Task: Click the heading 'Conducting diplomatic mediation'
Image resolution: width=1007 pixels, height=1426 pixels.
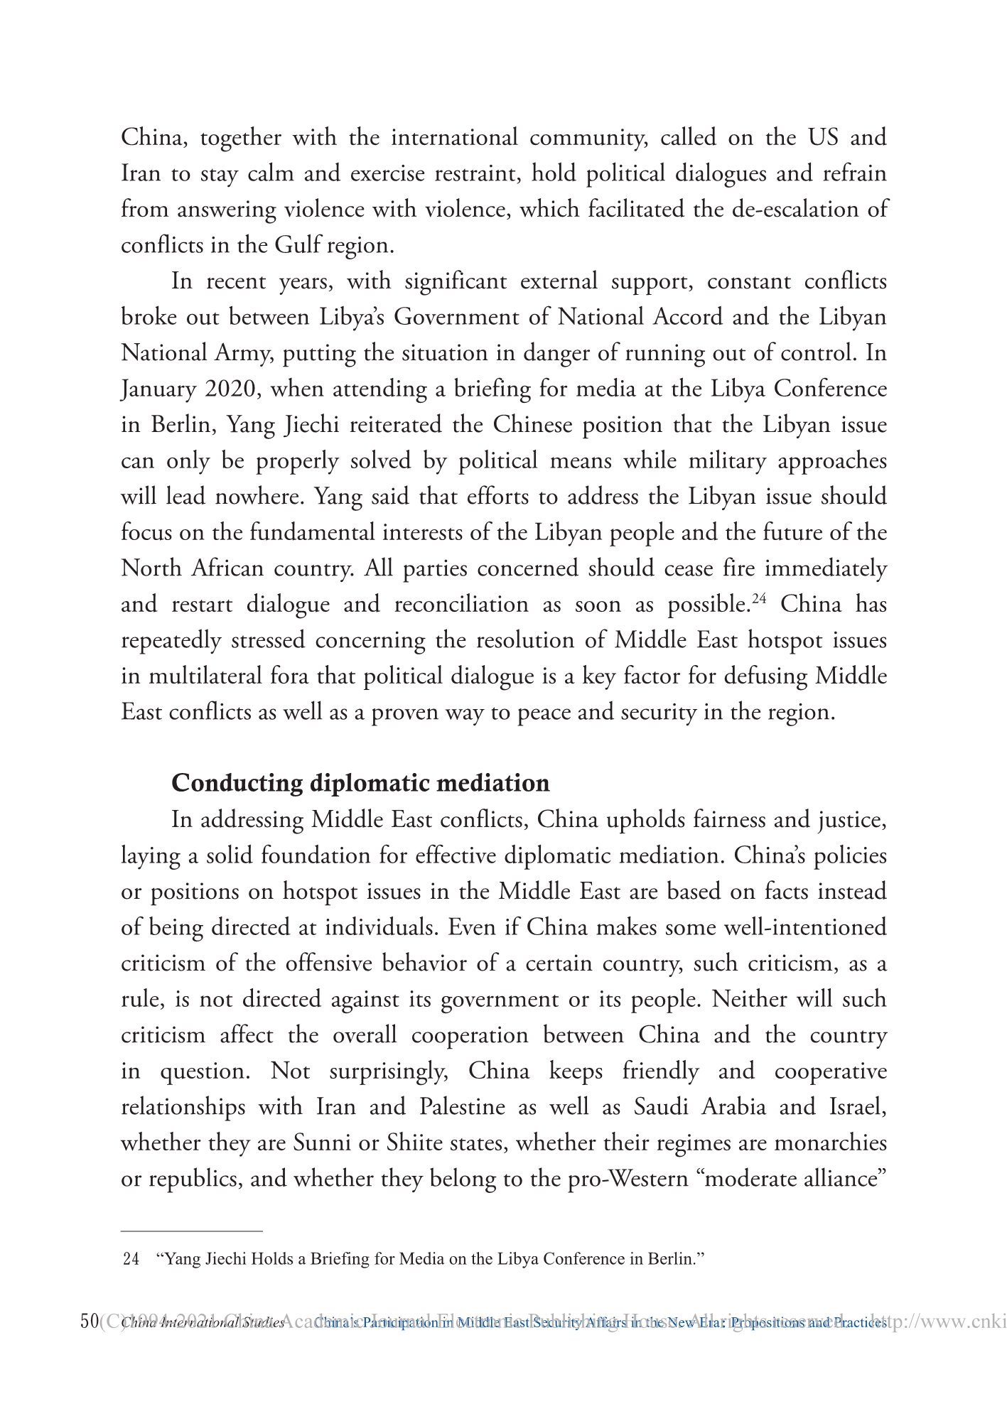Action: (360, 783)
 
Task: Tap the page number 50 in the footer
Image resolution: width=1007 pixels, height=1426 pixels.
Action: (90, 1322)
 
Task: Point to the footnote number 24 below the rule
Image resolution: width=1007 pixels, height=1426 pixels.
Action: (131, 1259)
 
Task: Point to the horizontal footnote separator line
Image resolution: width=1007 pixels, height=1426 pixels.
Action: (192, 1230)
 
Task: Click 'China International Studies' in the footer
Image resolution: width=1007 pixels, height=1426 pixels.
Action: (203, 1323)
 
